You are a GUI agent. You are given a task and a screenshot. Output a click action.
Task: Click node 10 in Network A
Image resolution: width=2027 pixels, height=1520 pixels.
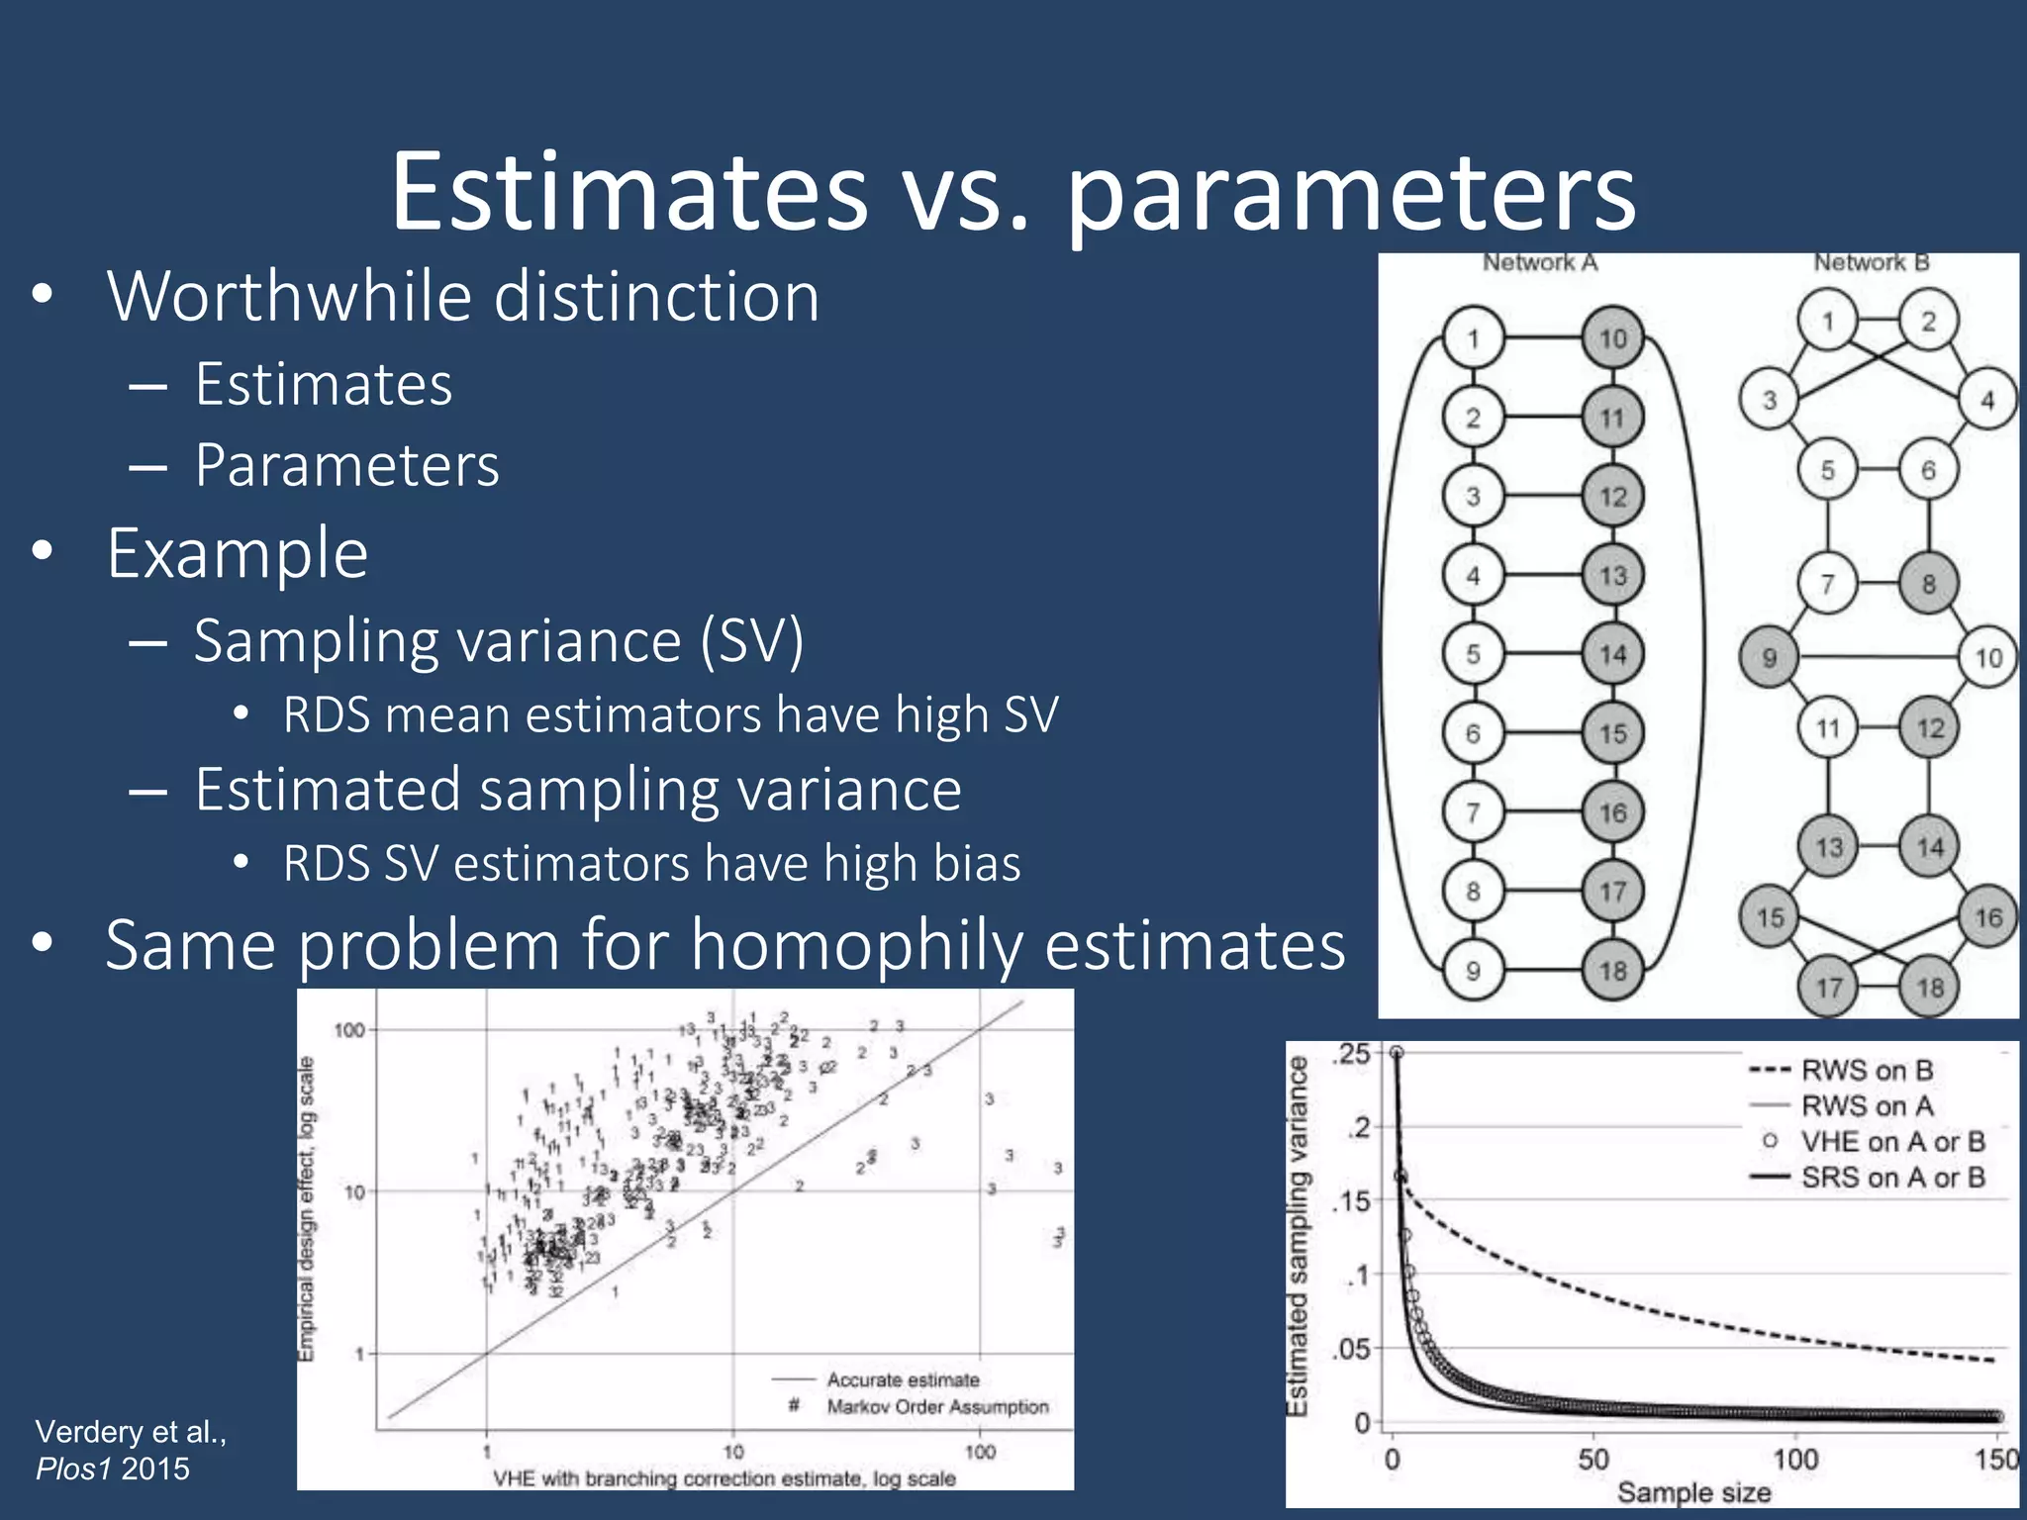pos(1612,338)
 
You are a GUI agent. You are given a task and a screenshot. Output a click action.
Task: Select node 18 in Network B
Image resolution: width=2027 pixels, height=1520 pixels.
pos(1929,987)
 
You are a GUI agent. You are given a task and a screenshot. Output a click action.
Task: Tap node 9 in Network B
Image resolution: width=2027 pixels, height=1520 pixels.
pos(1769,657)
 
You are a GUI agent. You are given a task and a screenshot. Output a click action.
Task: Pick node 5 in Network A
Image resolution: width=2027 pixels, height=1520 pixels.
pos(1473,654)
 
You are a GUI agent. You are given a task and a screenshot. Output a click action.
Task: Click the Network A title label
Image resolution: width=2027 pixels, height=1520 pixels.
pos(1539,262)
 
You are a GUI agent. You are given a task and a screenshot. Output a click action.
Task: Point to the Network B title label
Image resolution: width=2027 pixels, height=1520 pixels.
pos(1871,262)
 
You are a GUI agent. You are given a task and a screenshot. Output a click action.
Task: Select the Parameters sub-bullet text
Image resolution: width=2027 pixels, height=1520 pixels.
pos(346,465)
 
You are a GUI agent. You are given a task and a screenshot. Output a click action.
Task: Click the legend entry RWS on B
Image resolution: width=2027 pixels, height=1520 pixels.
pos(1866,1070)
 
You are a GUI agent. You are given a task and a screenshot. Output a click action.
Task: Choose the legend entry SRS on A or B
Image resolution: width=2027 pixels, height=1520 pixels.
pos(1891,1178)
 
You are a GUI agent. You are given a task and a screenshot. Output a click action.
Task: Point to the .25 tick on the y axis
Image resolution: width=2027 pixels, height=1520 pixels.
pos(1352,1054)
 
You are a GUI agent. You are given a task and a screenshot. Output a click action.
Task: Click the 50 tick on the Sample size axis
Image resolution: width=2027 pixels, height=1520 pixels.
pos(1593,1459)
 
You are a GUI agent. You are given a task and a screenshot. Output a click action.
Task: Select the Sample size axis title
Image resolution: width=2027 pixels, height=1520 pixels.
pos(1693,1492)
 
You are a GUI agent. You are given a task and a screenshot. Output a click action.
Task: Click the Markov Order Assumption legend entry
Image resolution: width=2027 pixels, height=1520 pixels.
pos(936,1406)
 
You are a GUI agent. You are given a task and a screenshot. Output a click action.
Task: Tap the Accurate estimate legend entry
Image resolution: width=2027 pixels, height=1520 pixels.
pos(903,1379)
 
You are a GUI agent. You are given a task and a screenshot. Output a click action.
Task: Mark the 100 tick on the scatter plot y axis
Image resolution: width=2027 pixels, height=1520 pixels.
pos(349,1030)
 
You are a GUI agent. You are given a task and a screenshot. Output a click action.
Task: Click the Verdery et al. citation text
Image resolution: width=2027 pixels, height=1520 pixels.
pos(131,1432)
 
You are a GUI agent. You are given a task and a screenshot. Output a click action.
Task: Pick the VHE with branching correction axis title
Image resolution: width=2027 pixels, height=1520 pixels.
pos(724,1478)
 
